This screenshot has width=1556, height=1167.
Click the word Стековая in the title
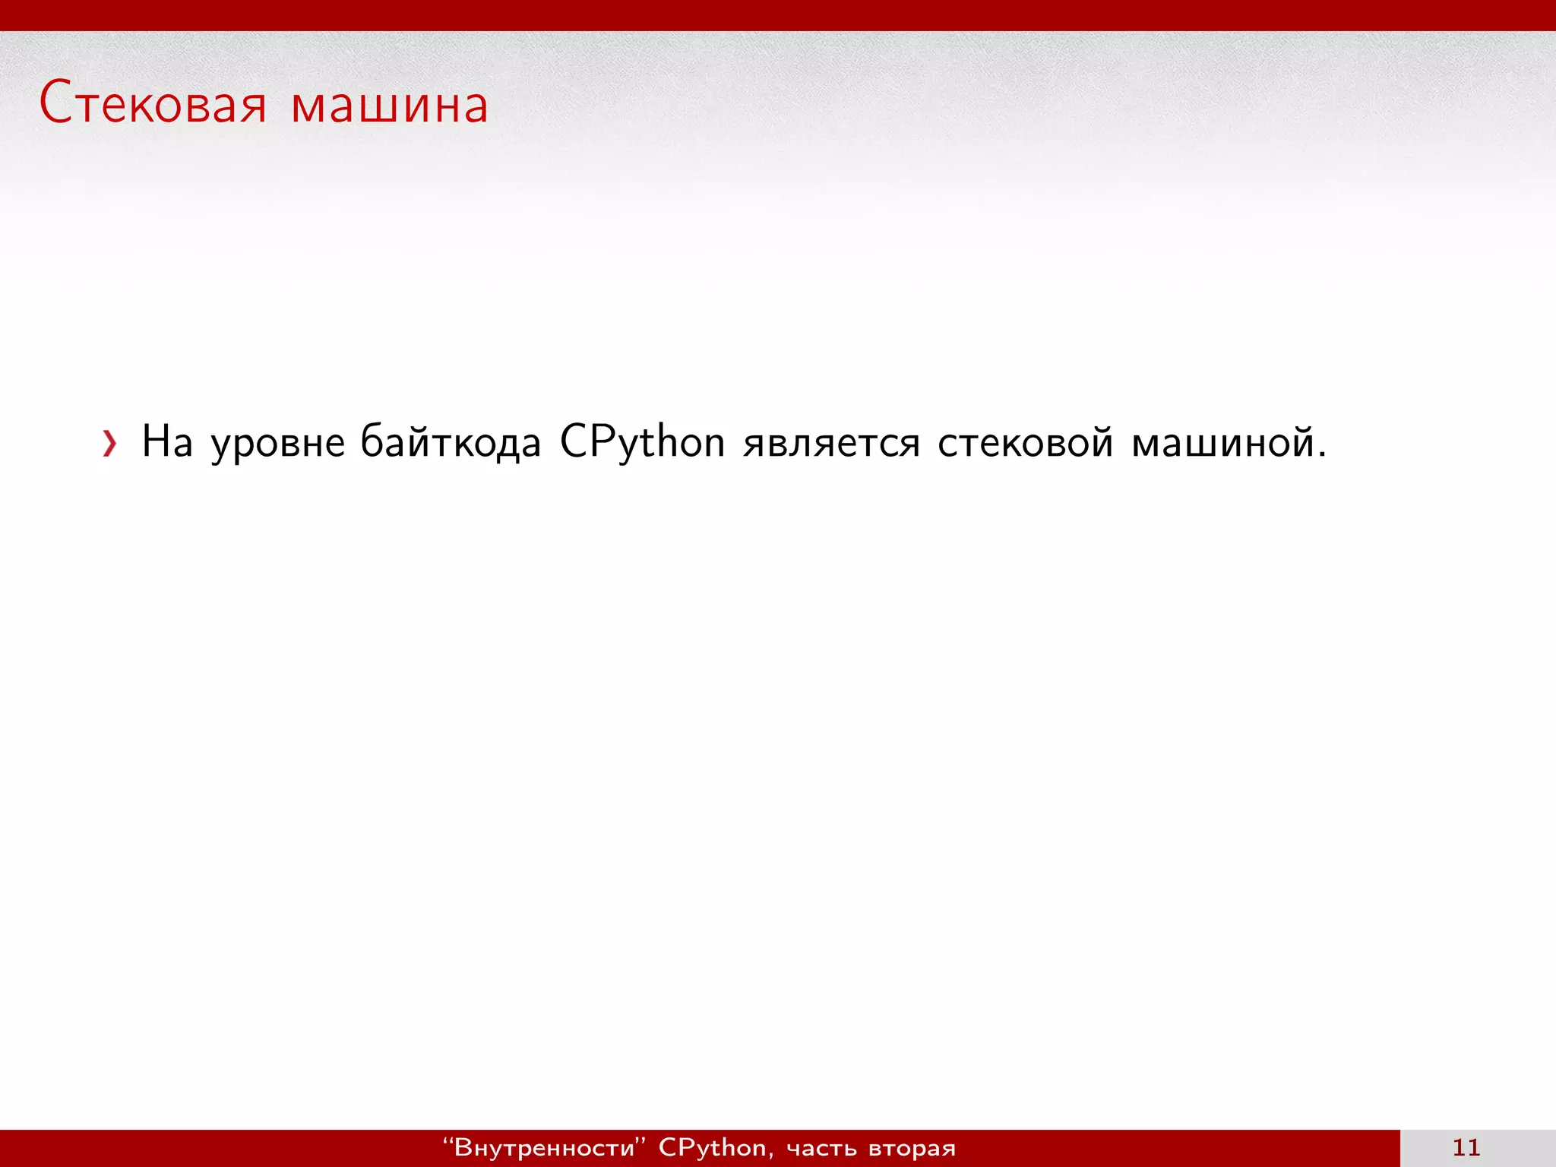pos(152,104)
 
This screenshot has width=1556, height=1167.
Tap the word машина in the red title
pos(389,106)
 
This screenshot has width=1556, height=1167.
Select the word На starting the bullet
pos(167,441)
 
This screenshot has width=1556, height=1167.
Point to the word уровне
pos(277,444)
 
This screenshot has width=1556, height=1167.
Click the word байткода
pos(450,441)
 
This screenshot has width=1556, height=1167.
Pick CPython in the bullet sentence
pos(642,442)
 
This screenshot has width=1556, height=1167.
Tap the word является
pos(831,444)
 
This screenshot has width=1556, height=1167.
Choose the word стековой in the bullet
pos(1025,442)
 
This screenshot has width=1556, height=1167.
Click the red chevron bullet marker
pos(110,443)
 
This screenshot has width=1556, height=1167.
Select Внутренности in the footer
pos(544,1148)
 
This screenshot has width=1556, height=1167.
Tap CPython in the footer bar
pos(712,1148)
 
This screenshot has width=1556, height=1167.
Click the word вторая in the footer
pos(912,1150)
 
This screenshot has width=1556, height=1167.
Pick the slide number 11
pos(1466,1147)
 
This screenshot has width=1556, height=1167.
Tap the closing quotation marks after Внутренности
pos(641,1141)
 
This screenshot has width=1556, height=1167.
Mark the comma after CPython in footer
pos(771,1156)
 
